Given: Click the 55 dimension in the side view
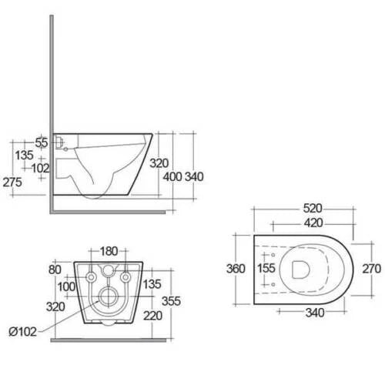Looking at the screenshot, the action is [x=42, y=142].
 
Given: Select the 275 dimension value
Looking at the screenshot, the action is [x=12, y=182].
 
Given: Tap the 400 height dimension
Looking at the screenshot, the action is [x=172, y=177].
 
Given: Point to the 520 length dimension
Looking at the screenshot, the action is [x=313, y=209].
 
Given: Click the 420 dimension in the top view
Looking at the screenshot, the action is [x=313, y=223].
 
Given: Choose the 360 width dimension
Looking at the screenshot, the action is [x=236, y=269].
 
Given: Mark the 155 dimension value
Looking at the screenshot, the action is [x=266, y=268].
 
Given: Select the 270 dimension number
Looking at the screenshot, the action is [x=371, y=269].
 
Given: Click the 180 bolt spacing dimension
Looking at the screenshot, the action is [x=109, y=251].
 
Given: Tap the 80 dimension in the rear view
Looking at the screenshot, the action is [x=55, y=269].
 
